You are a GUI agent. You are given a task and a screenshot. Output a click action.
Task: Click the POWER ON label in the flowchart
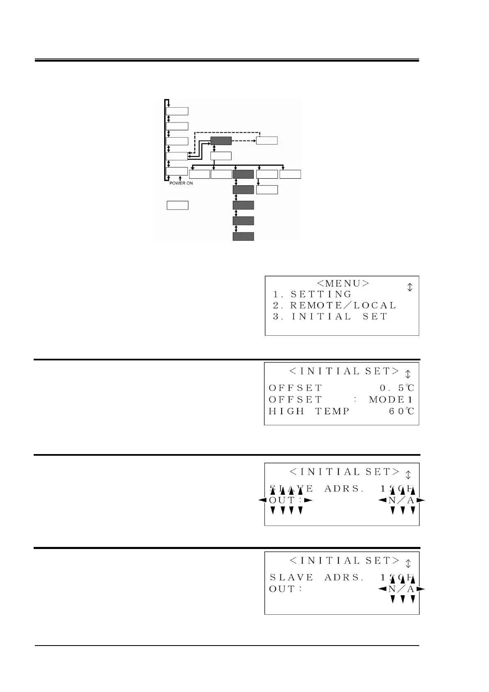tap(181, 183)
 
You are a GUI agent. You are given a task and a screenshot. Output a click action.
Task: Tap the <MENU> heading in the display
tap(343, 283)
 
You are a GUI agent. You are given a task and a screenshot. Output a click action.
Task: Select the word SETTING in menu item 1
tap(321, 294)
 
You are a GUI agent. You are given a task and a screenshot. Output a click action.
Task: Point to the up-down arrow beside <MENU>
tap(409, 287)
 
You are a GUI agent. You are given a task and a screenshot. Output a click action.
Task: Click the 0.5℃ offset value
tap(397, 388)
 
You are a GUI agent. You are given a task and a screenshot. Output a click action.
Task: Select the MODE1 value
tap(391, 399)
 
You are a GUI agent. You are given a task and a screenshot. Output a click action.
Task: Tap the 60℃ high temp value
tap(402, 411)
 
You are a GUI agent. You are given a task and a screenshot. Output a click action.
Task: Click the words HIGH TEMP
tap(309, 411)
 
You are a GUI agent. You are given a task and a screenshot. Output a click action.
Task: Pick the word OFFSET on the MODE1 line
tap(296, 399)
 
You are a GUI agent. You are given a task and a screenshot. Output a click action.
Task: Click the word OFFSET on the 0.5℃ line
tap(296, 388)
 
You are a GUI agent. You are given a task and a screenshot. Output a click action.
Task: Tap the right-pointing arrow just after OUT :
tap(308, 500)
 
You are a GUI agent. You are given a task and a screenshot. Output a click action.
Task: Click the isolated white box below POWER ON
tap(177, 205)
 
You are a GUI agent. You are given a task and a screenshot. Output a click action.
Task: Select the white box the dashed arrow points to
tap(267, 141)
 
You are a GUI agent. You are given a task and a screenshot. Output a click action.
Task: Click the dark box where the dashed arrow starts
tap(221, 141)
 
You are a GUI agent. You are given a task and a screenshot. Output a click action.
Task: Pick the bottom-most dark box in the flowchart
tap(243, 236)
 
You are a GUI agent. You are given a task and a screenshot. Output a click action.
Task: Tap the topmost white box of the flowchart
tap(177, 111)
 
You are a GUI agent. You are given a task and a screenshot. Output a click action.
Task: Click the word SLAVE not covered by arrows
tap(292, 577)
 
